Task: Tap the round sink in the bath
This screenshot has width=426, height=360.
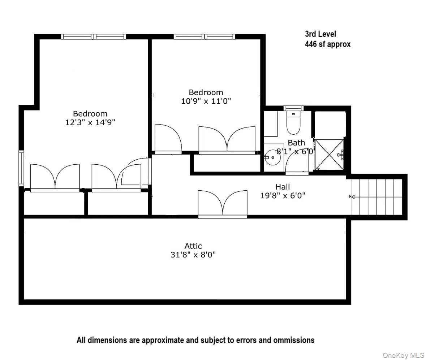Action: click(272, 158)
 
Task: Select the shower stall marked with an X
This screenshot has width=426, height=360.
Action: click(328, 154)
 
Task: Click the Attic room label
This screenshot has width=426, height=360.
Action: click(193, 246)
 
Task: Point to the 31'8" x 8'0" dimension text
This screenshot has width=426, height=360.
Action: click(193, 255)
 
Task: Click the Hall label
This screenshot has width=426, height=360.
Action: click(283, 187)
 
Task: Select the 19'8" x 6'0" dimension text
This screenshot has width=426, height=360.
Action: click(283, 196)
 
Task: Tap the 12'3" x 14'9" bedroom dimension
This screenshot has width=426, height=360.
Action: click(90, 122)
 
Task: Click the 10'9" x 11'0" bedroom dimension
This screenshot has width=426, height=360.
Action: click(206, 101)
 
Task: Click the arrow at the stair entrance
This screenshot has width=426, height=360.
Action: click(352, 197)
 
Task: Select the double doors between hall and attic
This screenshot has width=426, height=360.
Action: click(223, 204)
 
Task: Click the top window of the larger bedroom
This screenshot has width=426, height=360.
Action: click(94, 36)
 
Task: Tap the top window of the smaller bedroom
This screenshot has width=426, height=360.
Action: click(204, 36)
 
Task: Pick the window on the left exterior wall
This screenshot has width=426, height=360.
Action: click(21, 168)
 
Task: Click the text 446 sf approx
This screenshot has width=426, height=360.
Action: click(327, 44)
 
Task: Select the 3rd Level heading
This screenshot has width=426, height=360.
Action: click(320, 34)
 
